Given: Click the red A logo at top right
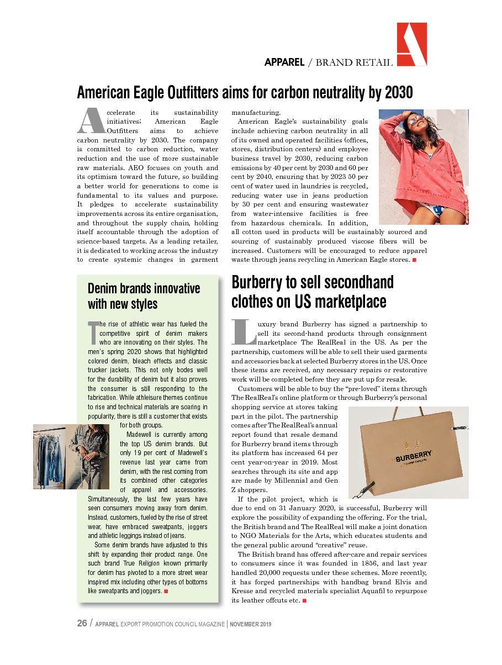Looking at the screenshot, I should [412, 44].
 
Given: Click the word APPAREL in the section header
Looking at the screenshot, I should [284, 62].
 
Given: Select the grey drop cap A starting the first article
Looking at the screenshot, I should [90, 120].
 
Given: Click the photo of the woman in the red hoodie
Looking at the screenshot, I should [423, 167].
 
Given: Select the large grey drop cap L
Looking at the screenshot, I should [243, 330].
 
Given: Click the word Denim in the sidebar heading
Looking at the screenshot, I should [104, 289].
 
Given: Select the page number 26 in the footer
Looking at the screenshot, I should [82, 624].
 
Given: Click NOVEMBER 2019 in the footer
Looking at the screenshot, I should [251, 625].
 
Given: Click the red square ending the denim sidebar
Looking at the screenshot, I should [166, 592].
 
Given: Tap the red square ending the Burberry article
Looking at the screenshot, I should [304, 600].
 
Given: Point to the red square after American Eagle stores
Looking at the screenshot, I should [414, 260].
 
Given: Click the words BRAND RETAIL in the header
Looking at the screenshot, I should [354, 62].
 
